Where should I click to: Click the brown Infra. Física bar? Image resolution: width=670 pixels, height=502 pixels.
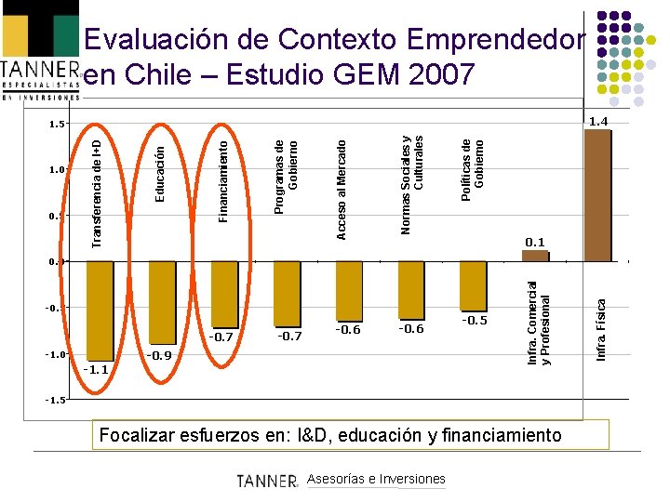click(596, 195)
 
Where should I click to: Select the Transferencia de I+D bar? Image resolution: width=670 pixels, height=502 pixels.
click(100, 310)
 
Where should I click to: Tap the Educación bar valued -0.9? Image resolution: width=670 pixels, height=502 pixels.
click(162, 304)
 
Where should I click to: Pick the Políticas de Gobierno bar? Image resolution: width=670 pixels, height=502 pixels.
click(473, 285)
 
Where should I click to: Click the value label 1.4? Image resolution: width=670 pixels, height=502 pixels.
click(597, 121)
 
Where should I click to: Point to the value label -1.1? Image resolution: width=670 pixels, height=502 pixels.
click(96, 369)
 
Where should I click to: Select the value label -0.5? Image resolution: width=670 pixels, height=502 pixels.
click(475, 320)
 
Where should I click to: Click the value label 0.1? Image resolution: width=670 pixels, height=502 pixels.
click(535, 243)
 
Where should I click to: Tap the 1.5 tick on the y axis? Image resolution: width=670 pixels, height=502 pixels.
click(57, 124)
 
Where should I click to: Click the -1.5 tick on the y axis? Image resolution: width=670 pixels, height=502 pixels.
click(57, 400)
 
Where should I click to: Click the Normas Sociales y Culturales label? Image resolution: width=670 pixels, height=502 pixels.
click(411, 184)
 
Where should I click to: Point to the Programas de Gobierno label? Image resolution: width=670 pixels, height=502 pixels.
click(287, 177)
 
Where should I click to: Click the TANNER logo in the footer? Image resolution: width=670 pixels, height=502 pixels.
click(266, 480)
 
